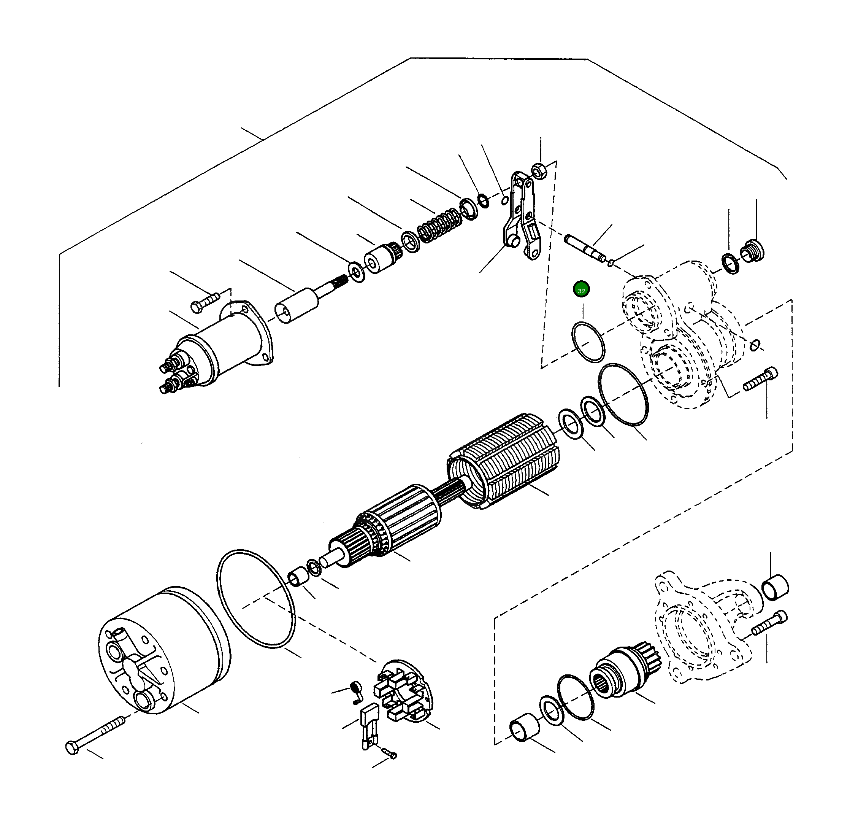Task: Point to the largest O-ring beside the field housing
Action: coord(256,599)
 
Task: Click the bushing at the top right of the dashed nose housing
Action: coord(775,588)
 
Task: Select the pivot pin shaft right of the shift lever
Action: coord(585,248)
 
